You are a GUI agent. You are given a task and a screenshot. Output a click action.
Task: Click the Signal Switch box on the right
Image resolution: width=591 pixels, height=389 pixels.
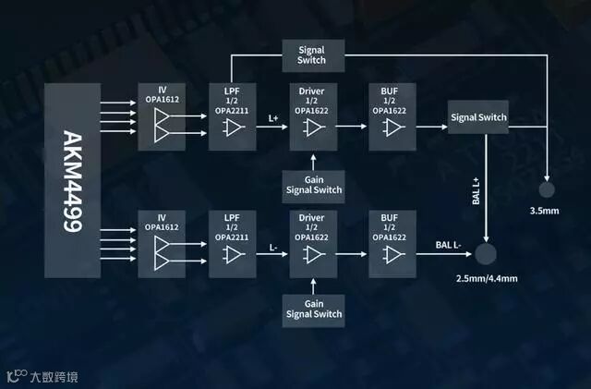click(478, 118)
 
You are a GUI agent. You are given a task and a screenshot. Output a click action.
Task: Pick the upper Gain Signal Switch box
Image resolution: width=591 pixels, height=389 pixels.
click(313, 184)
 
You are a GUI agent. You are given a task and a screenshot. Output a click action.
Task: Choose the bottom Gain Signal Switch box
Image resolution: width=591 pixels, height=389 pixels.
click(313, 309)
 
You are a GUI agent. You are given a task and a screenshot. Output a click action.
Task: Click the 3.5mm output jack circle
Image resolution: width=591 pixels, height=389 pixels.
click(547, 189)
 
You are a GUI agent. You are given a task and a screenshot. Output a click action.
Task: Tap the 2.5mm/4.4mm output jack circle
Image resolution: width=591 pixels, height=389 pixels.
click(486, 253)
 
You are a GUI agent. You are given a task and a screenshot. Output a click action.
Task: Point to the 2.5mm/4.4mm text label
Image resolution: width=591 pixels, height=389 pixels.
click(486, 278)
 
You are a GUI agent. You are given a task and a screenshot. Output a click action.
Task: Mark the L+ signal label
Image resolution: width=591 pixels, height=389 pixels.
click(273, 118)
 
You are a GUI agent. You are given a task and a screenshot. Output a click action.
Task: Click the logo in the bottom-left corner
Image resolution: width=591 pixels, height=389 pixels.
click(16, 376)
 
